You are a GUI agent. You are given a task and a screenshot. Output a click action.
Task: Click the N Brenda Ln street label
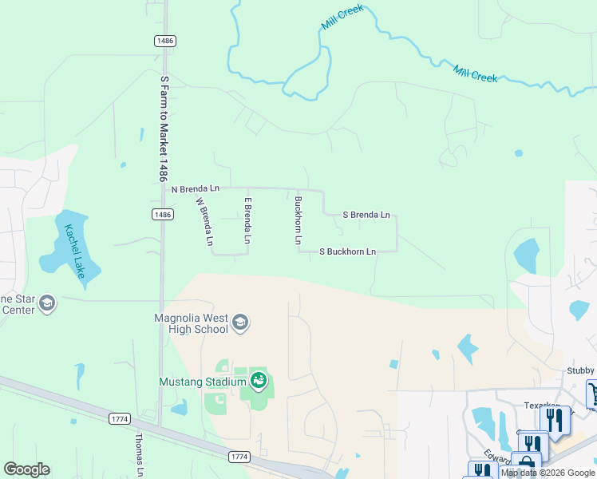coord(196,189)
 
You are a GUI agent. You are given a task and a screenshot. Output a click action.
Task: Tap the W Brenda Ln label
coord(205,221)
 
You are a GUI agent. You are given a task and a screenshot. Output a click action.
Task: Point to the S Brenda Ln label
coord(366,215)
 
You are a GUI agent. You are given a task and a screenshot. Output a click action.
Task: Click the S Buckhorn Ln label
coord(347,251)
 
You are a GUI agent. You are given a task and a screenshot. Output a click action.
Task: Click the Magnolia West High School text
coord(191,323)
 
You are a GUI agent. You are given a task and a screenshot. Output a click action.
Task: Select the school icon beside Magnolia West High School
coord(240,323)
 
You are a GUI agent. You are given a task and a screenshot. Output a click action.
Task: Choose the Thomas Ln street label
coord(140,449)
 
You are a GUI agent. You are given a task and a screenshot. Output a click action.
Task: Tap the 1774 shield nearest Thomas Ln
coord(119,418)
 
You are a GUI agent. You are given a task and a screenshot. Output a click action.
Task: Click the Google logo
coord(26,469)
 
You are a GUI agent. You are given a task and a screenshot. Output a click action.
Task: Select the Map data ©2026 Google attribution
coord(548,473)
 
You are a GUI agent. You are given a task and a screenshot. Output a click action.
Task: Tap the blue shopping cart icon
coord(595,393)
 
